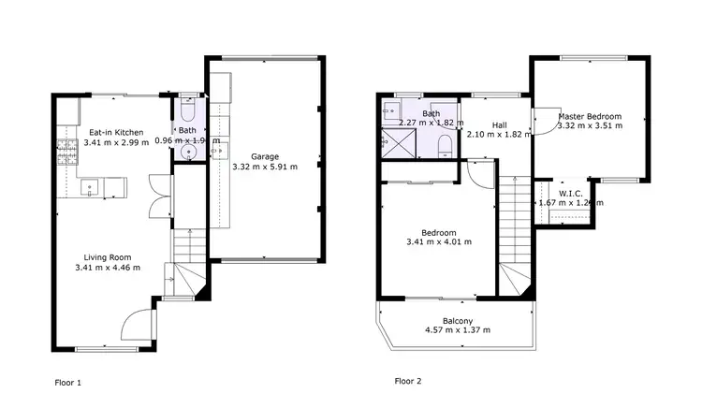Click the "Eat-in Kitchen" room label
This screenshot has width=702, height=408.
click(x=116, y=133)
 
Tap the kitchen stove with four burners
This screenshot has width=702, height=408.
click(x=68, y=151)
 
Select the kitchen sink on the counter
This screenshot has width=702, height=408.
click(x=90, y=187)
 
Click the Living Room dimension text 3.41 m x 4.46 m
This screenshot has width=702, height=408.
click(x=108, y=268)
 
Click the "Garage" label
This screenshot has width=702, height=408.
click(x=264, y=156)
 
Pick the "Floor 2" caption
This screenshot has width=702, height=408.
click(x=408, y=382)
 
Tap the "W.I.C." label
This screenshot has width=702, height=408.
click(x=571, y=193)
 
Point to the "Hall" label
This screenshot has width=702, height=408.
click(x=499, y=125)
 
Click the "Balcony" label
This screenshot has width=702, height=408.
click(x=458, y=320)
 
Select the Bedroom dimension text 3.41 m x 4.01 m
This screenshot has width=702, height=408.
click(x=439, y=242)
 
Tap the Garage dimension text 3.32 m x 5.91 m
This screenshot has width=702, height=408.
click(x=264, y=168)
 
